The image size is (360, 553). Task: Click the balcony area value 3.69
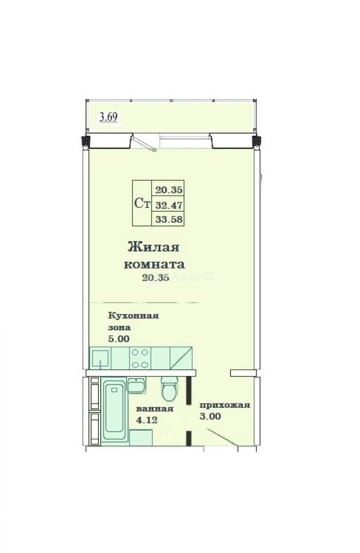[108, 117]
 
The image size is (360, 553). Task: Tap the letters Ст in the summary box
[142, 203]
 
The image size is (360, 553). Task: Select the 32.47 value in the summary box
[169, 205]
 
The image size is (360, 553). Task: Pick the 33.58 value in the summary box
[169, 219]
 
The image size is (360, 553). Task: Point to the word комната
[155, 264]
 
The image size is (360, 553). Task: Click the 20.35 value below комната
[156, 278]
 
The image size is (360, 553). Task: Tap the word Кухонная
[133, 315]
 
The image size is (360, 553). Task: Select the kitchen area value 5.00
[118, 339]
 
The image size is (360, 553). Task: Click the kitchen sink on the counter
[100, 358]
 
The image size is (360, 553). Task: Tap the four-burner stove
[140, 358]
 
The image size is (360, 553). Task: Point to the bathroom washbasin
[136, 385]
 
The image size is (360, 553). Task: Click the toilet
[169, 388]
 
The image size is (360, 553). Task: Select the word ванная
[155, 409]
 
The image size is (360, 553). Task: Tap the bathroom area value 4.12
[146, 420]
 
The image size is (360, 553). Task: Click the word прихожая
[225, 405]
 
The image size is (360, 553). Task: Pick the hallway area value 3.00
[210, 416]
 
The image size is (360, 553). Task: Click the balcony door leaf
[144, 143]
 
